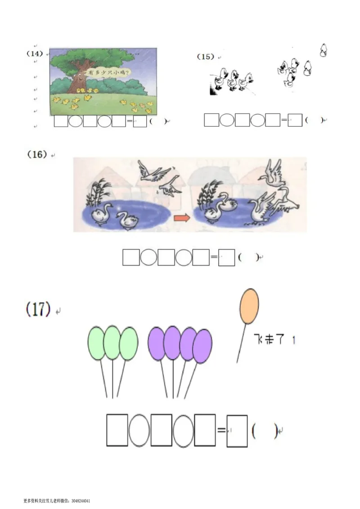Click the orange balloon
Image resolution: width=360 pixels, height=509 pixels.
pyautogui.click(x=249, y=306)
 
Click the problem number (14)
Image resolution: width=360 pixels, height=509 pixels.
pyautogui.click(x=35, y=53)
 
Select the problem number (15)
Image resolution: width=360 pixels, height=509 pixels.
pyautogui.click(x=205, y=57)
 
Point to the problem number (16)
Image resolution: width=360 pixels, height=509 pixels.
pyautogui.click(x=37, y=154)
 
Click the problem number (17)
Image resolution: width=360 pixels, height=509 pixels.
pyautogui.click(x=38, y=309)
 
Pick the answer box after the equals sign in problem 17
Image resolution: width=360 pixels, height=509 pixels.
pyautogui.click(x=237, y=431)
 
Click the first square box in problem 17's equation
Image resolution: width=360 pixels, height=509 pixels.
pyautogui.click(x=117, y=430)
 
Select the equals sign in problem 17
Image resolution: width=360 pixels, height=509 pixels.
pyautogui.click(x=221, y=430)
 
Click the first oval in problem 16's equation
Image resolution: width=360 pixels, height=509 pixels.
pyautogui.click(x=148, y=257)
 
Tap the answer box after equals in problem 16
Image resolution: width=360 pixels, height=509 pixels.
pyautogui.click(x=226, y=257)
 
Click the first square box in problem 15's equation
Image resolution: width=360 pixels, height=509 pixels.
pyautogui.click(x=211, y=120)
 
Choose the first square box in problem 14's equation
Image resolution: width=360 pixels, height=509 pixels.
pyautogui.click(x=61, y=122)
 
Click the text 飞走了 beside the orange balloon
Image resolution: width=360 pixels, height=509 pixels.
pyautogui.click(x=269, y=339)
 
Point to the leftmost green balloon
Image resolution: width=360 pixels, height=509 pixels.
pyautogui.click(x=96, y=343)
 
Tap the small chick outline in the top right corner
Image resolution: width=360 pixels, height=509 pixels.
pyautogui.click(x=323, y=50)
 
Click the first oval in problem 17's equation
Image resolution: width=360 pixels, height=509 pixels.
pyautogui.click(x=139, y=430)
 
